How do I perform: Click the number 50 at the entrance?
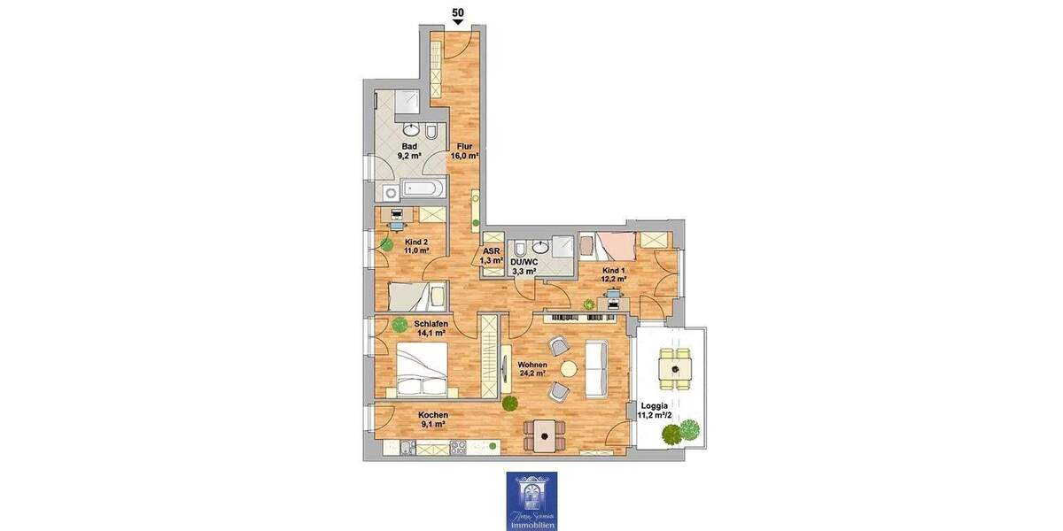coord(458,12)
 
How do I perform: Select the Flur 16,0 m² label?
coord(467,151)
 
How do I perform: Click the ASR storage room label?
coord(493,255)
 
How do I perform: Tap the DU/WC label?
coord(524,265)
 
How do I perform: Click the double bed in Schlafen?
coord(424,370)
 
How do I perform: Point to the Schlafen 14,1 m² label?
coord(431,328)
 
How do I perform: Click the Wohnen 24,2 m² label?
coord(532,368)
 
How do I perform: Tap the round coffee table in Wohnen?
coord(568,368)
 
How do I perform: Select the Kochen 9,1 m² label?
coord(432,419)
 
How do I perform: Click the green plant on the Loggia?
coord(679,434)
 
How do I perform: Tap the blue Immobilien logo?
coord(531,500)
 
